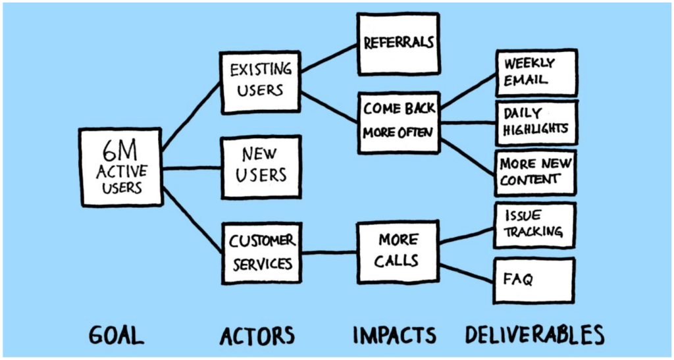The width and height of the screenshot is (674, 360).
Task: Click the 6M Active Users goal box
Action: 120,167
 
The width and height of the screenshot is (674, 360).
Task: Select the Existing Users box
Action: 261,80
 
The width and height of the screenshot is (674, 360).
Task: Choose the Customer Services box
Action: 261,253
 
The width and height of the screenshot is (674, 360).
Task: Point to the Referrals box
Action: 398,43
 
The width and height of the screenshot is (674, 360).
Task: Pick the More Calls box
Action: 398,250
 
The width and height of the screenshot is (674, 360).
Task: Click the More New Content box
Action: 535,171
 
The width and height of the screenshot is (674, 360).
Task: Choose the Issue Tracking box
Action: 534,224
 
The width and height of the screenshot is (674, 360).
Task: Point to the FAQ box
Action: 534,279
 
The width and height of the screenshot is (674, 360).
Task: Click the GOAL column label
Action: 116,335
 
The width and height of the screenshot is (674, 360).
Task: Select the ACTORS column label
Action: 257,335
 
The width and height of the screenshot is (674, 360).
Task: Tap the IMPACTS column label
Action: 394,335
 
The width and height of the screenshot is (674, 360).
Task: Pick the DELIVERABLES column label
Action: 534,335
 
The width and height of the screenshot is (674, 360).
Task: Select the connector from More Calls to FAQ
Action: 466,272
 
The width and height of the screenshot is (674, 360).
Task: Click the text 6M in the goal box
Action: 119,151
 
